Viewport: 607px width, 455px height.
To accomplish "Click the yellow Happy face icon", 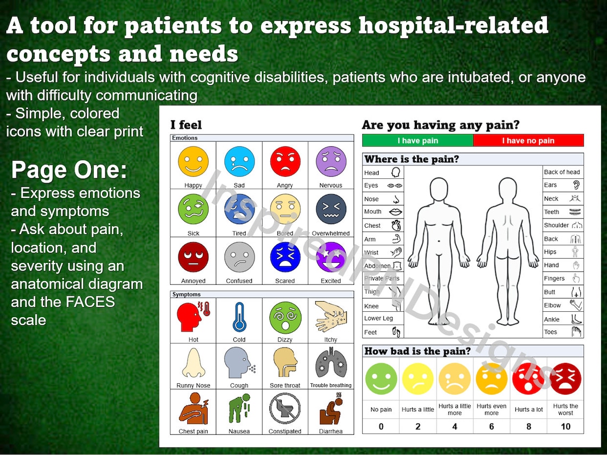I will tap(193, 161).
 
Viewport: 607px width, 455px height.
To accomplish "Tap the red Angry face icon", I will tap(285, 161).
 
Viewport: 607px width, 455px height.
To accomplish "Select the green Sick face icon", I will tap(193, 209).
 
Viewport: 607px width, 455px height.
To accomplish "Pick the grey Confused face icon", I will tap(239, 257).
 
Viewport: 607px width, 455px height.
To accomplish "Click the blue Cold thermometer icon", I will tap(239, 317).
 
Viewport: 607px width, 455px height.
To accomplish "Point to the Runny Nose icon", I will tap(193, 362).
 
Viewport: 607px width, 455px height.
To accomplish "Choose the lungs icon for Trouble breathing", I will tap(331, 362).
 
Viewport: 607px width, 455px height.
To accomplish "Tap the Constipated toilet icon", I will tap(285, 409).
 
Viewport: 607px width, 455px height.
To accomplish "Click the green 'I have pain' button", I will tap(417, 140).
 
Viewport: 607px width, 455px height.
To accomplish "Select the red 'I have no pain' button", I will tap(528, 140).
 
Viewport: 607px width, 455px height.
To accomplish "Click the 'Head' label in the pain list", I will tap(372, 172).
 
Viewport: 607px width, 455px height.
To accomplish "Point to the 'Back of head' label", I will tap(562, 172).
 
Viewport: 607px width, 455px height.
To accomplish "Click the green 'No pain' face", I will tap(381, 378).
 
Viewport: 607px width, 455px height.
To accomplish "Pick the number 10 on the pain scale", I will tap(565, 426).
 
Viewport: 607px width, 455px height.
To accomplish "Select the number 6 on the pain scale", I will tap(491, 426).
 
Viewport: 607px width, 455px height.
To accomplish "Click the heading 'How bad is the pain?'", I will tap(417, 351).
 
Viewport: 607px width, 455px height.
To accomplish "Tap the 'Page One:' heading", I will tap(69, 170).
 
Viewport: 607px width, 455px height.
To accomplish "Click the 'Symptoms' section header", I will tap(186, 294).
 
